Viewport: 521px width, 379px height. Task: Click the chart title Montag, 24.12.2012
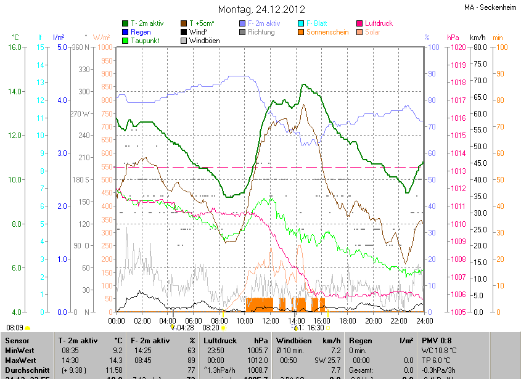coord(260,9)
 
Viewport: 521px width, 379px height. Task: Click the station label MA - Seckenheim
coord(491,7)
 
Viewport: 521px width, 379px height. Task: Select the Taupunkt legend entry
coord(146,41)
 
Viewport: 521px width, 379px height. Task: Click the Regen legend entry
coord(141,32)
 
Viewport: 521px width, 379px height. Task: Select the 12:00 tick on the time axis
coord(269,320)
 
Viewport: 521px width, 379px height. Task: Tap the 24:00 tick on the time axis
coord(424,320)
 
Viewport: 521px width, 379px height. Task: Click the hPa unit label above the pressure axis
coord(453,38)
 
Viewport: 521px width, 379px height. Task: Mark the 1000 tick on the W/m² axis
coord(105,47)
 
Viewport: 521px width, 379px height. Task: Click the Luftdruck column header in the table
coord(220,340)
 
